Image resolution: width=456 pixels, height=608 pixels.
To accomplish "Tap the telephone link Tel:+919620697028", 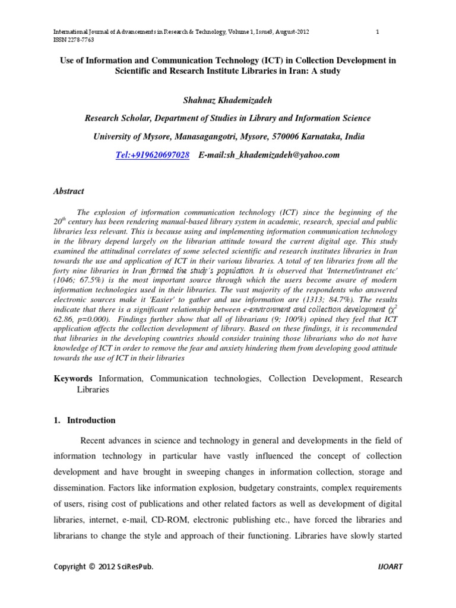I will [153, 155].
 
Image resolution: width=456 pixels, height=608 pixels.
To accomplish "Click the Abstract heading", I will [69, 191].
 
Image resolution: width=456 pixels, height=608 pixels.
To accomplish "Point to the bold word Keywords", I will [73, 378].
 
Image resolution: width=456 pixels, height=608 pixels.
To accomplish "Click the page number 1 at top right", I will [377, 31].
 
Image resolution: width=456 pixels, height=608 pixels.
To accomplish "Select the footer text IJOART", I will [389, 566].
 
